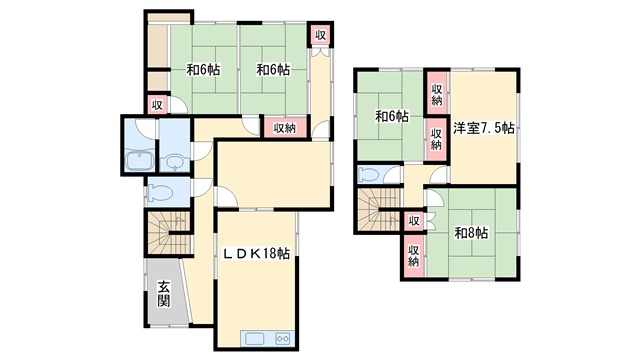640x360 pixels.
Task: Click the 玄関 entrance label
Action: click(x=164, y=294)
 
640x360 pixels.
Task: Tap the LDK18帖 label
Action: click(x=256, y=253)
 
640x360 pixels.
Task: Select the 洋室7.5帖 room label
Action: click(x=484, y=128)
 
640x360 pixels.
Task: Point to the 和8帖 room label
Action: click(x=471, y=233)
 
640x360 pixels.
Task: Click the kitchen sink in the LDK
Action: click(x=255, y=338)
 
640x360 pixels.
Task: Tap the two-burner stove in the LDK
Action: click(x=283, y=338)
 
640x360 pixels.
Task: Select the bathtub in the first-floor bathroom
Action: click(x=139, y=160)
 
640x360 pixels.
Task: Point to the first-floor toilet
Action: click(x=160, y=192)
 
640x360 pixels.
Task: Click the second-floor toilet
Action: click(x=369, y=174)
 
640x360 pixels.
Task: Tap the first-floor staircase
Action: click(x=168, y=233)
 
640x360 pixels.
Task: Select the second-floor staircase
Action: click(x=378, y=210)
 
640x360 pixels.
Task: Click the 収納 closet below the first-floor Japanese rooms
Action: click(x=284, y=128)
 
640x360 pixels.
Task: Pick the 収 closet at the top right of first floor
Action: click(x=320, y=35)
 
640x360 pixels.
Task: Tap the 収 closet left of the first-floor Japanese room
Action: click(x=157, y=105)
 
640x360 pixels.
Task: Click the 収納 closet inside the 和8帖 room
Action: click(x=413, y=256)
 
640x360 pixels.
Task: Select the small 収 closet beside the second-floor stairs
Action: click(x=414, y=221)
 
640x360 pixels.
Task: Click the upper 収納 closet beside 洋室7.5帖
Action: click(x=437, y=94)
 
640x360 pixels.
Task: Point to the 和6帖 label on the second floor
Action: click(x=392, y=117)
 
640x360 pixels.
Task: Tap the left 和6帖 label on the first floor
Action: click(x=203, y=70)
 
